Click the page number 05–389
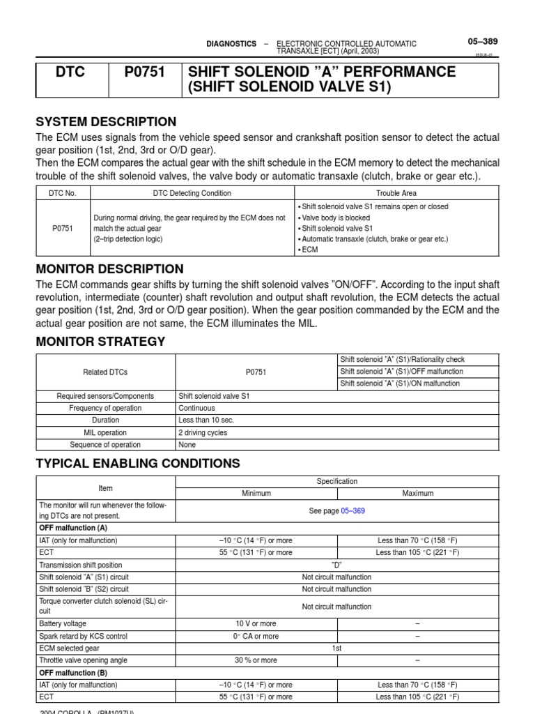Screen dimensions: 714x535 [482, 42]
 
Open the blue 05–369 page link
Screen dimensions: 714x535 [352, 510]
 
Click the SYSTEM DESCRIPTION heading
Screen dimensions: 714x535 [106, 121]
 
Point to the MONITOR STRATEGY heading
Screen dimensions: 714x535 [100, 341]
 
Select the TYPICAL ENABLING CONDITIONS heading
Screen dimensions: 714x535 [138, 463]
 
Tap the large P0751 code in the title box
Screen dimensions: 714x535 [145, 72]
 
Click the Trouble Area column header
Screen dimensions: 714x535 [396, 193]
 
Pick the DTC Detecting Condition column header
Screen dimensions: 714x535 [192, 193]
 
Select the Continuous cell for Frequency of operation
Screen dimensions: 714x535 [197, 408]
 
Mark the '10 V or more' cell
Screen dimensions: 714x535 [256, 623]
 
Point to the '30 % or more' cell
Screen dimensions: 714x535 [256, 660]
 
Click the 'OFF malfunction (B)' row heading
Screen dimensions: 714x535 [74, 672]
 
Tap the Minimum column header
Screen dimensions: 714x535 [256, 493]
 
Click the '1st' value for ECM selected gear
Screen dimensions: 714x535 [337, 648]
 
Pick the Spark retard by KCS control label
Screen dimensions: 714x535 [84, 636]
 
